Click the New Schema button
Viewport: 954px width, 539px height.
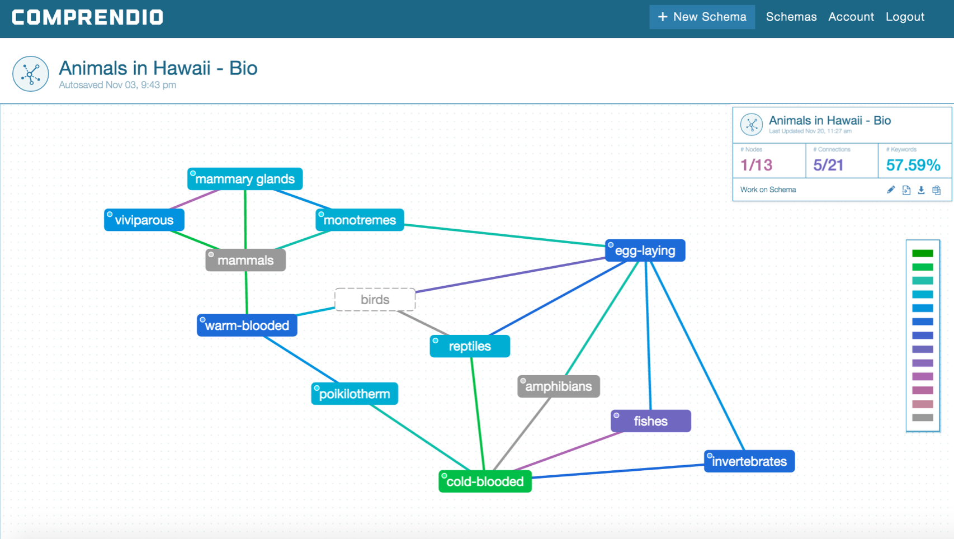pos(702,17)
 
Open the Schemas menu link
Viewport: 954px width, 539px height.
pos(791,17)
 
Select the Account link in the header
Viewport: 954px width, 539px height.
pos(851,17)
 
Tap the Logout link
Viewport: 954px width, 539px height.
pos(905,17)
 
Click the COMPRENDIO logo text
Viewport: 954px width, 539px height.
pos(87,17)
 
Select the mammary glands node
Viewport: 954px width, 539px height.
pos(245,179)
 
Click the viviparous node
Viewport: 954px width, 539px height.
pos(144,220)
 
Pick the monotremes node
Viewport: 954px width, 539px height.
pos(360,220)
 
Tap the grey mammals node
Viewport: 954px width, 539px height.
pos(245,260)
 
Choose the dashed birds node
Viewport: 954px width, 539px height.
pos(375,300)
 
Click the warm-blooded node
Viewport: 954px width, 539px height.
pos(247,325)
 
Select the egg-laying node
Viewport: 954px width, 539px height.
pos(645,250)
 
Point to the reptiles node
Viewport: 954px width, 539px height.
pos(470,346)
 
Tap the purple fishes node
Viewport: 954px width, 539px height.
pos(650,421)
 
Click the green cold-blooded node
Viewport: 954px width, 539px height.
pos(485,481)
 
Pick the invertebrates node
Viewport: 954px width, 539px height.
pos(749,461)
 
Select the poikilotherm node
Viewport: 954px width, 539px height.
pos(355,394)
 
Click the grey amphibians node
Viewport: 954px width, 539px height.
pos(558,386)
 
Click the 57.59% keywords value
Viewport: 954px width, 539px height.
pos(913,165)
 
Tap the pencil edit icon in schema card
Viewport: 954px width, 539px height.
pos(891,190)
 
